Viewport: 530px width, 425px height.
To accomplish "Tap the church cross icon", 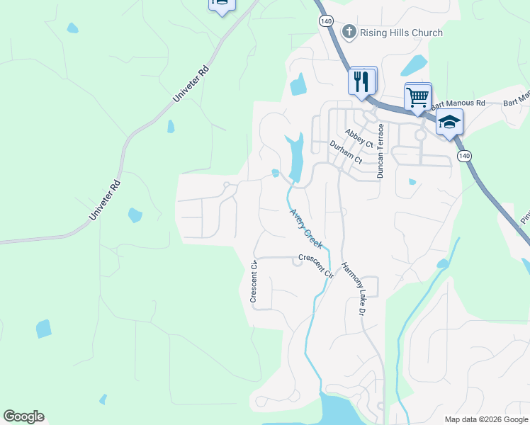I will click(x=348, y=32).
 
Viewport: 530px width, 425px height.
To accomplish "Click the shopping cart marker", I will click(x=417, y=96).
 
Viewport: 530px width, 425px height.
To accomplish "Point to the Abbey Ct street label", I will click(x=359, y=137).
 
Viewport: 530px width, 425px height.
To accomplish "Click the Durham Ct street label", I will click(x=346, y=152).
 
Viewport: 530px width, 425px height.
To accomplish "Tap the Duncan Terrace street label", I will click(x=380, y=150).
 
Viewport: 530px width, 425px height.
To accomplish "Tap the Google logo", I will click(x=23, y=416).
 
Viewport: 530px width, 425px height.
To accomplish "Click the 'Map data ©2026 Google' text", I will click(x=486, y=419).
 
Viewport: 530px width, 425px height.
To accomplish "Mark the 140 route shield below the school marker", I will click(x=464, y=155).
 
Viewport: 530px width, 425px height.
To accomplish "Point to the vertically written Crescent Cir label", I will click(x=253, y=282).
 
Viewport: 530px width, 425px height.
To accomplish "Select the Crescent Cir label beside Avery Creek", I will click(x=315, y=263).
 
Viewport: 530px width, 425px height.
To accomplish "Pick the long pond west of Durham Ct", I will click(x=295, y=157).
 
